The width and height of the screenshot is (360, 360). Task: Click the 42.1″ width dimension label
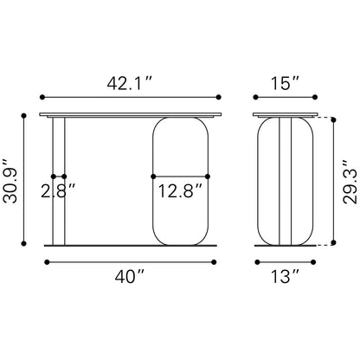129,83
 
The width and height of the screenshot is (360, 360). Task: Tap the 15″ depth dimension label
285,83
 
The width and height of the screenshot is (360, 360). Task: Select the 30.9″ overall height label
10,181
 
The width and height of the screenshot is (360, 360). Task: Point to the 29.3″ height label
350,182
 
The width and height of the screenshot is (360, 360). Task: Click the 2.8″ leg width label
58,191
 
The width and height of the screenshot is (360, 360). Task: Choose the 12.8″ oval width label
180,191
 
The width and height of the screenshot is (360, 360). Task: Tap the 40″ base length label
129,276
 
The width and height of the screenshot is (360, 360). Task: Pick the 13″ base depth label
285,276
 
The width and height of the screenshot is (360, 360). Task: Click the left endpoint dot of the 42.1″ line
42,97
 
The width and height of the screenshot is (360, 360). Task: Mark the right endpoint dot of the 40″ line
214,262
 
